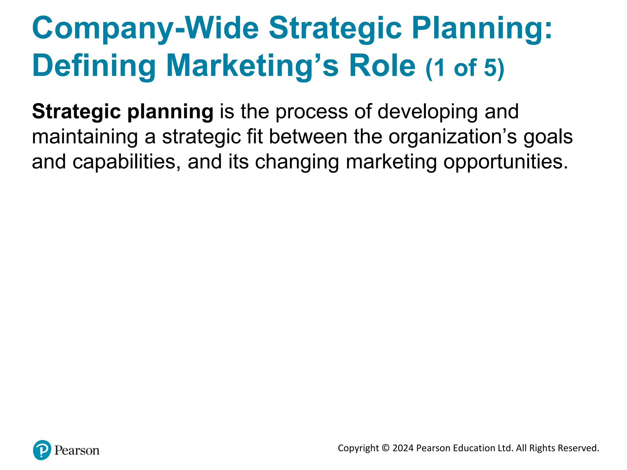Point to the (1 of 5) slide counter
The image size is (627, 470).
click(465, 68)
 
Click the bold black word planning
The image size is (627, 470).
click(170, 112)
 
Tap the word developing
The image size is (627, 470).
click(427, 112)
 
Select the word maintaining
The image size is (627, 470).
click(85, 137)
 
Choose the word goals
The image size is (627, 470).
click(548, 137)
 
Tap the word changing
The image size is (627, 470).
click(297, 162)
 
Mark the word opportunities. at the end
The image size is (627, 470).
click(505, 162)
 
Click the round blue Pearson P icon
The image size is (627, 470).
click(42, 450)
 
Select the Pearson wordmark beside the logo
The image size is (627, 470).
click(77, 450)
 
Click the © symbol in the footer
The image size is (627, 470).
click(386, 448)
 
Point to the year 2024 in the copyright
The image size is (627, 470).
click(403, 448)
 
